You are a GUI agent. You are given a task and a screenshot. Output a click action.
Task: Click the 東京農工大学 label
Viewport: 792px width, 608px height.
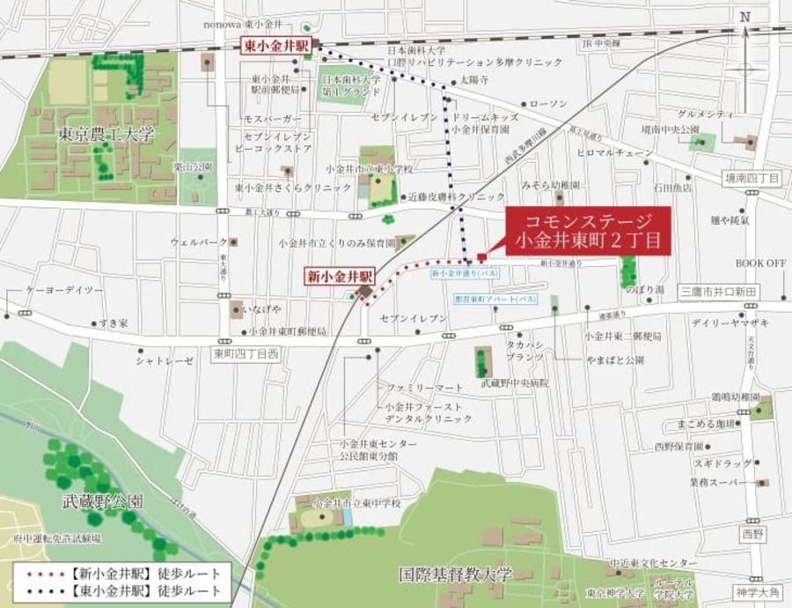click(x=106, y=136)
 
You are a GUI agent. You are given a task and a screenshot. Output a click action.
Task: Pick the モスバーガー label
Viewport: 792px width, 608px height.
click(x=273, y=118)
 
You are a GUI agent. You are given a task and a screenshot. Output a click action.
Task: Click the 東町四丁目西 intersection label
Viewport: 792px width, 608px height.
click(x=246, y=353)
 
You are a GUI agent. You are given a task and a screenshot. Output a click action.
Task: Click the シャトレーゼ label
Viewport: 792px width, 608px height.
click(x=165, y=361)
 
